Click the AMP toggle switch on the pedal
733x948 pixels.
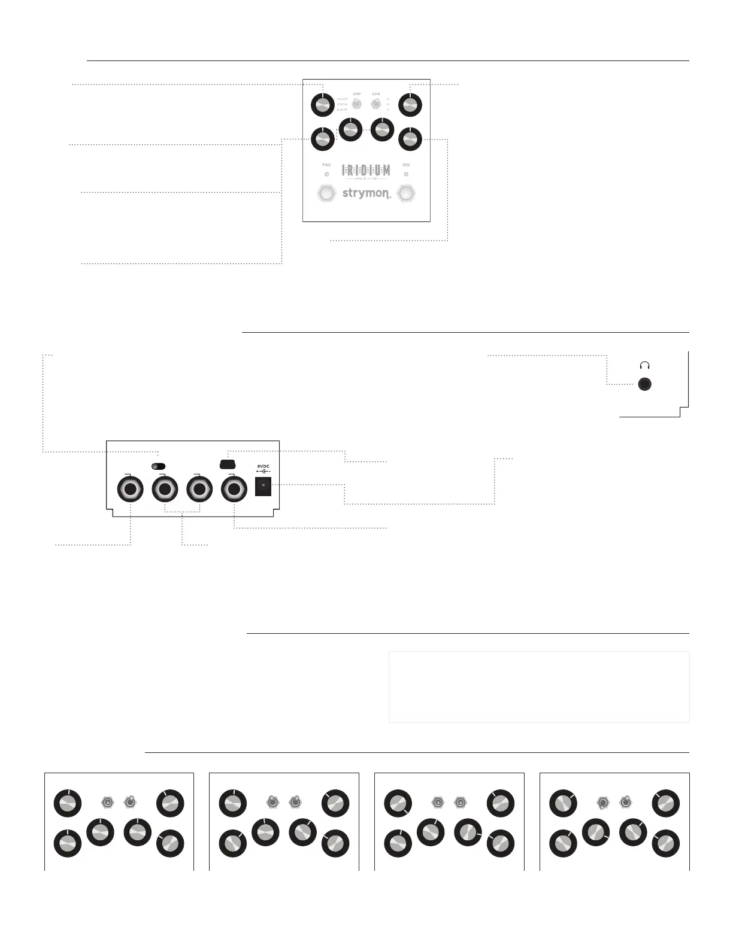[x=356, y=104]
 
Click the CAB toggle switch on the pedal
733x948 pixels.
[x=375, y=104]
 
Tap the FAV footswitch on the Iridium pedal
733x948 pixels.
[x=326, y=193]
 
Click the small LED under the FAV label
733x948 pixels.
[x=326, y=174]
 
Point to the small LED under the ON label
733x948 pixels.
[x=406, y=174]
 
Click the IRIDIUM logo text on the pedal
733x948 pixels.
[x=366, y=171]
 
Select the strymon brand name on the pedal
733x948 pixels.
[x=366, y=193]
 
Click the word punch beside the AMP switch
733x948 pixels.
[x=342, y=110]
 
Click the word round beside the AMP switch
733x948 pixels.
[x=342, y=99]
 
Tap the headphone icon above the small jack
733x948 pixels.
[x=644, y=365]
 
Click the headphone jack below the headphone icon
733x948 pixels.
[x=644, y=385]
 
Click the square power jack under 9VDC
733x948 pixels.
[x=263, y=486]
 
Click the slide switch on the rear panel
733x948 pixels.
[x=158, y=466]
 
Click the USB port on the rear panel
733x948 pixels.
[x=228, y=464]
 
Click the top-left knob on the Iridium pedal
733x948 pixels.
[x=322, y=106]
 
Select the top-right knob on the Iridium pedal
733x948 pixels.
[x=410, y=106]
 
